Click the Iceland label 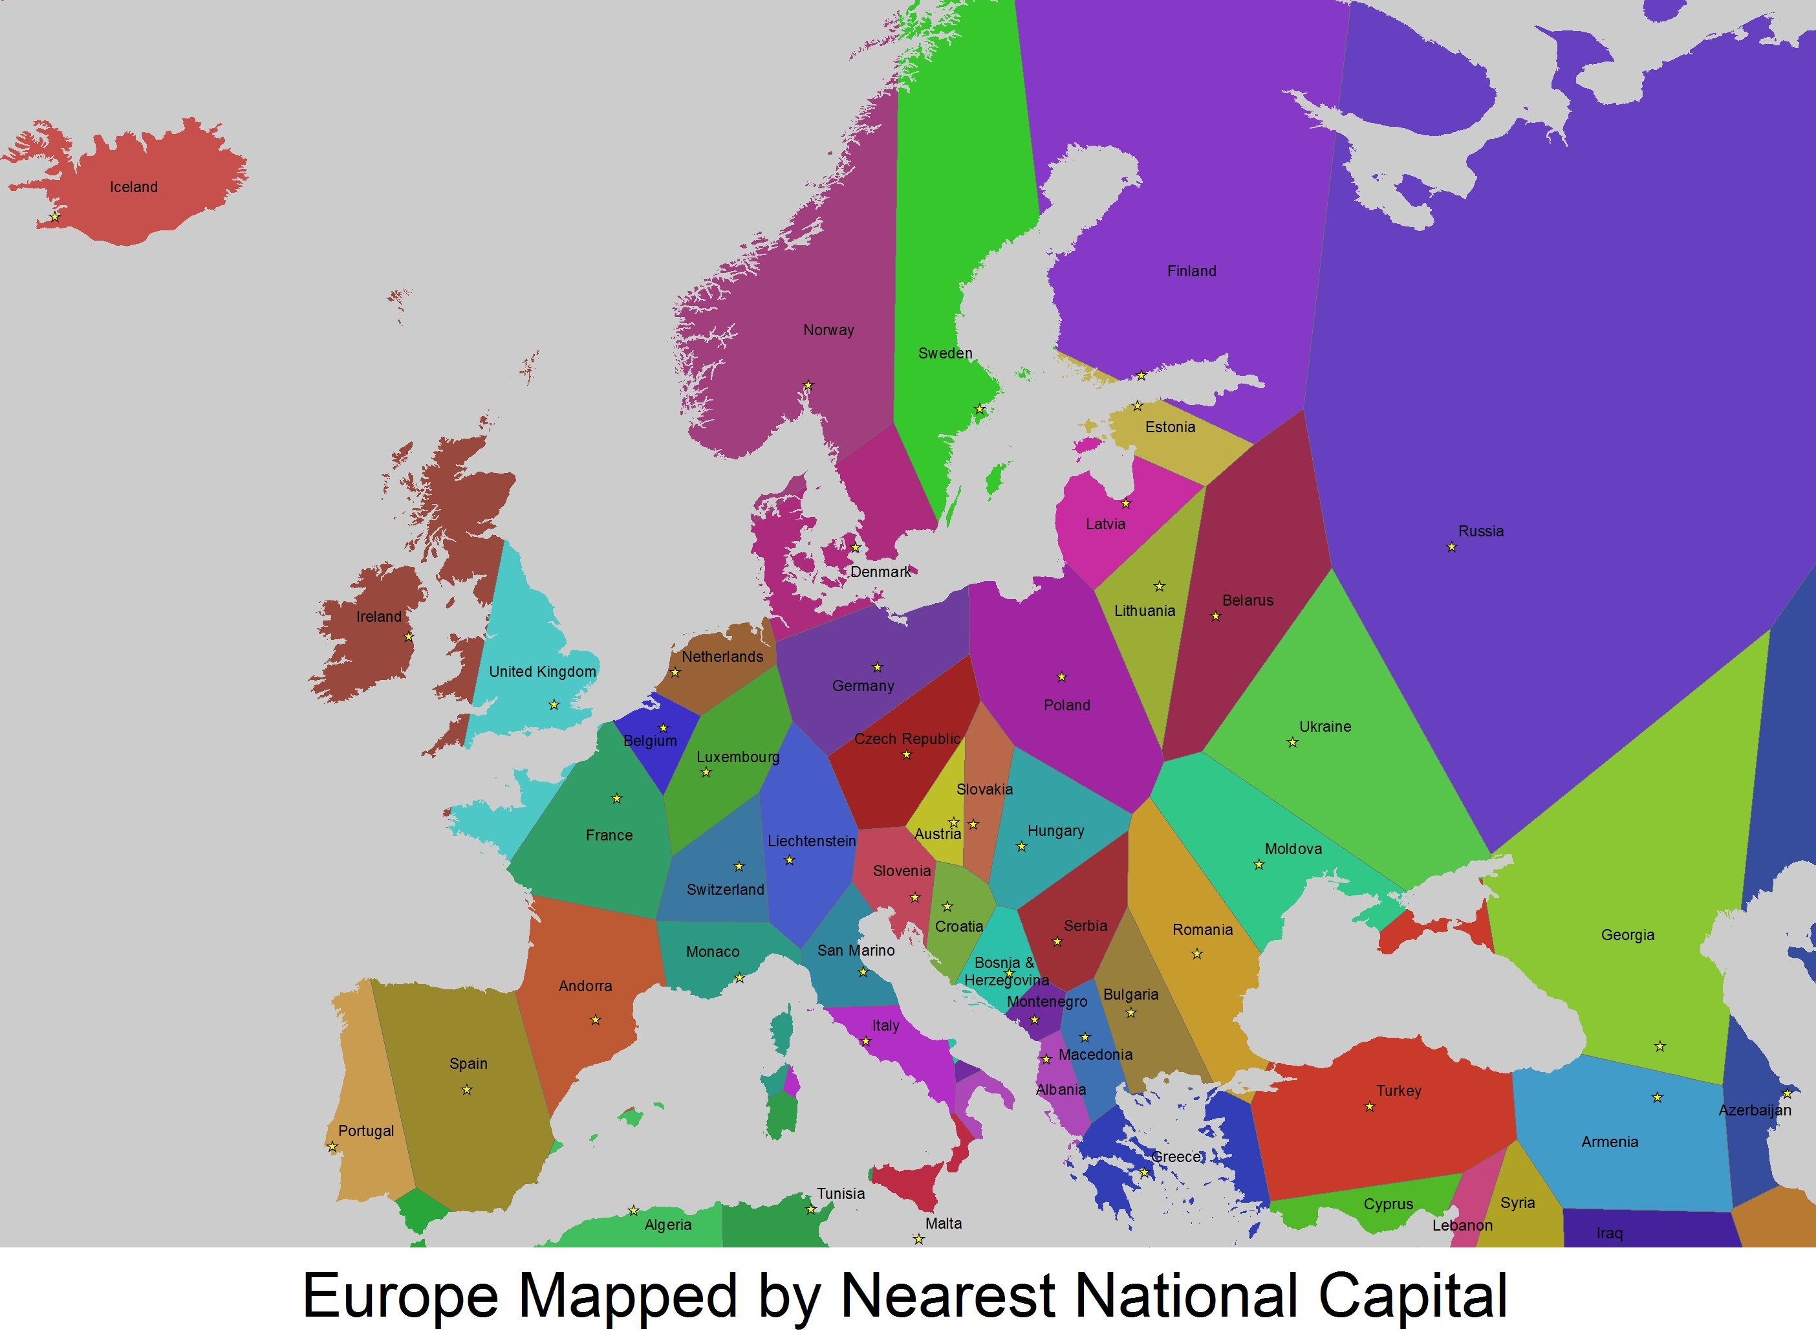click(134, 187)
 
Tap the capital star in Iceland click(55, 217)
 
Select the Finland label click(1191, 271)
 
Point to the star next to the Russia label click(1452, 547)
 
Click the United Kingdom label click(542, 672)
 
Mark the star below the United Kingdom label click(554, 705)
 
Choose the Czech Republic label click(907, 739)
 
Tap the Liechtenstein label click(811, 840)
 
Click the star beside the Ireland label click(409, 637)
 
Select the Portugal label click(366, 1131)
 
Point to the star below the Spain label click(467, 1090)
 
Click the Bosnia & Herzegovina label click(1006, 971)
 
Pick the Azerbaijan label click(1755, 1110)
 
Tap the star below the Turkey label click(1370, 1107)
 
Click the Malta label click(943, 1223)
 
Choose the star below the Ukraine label click(1293, 743)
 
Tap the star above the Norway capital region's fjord click(808, 386)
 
